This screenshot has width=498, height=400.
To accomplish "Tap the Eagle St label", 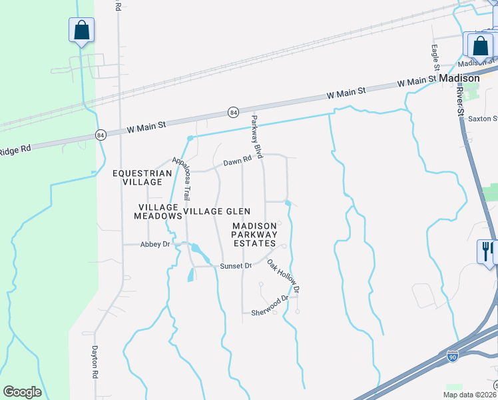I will pos(435,57).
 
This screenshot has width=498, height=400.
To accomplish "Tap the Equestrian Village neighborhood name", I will pos(142,177).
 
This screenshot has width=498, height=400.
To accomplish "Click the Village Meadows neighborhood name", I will pos(158,212).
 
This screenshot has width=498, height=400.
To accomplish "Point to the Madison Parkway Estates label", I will pos(254,235).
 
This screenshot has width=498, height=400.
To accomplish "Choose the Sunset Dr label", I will pos(236,265).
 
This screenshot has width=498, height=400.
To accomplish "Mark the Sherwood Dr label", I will pos(270,312).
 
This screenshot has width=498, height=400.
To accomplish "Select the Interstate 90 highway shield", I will pos(453,358).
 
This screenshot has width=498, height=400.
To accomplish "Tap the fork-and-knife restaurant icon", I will pos(486,251).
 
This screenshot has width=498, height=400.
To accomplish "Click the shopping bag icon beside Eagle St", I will pos(480,46).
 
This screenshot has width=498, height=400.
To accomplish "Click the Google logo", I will pos(22,392).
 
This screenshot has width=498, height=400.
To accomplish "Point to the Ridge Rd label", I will pos(16,150).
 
